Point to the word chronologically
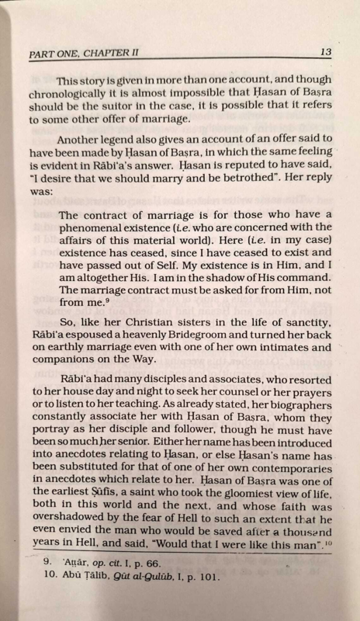(67, 95)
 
